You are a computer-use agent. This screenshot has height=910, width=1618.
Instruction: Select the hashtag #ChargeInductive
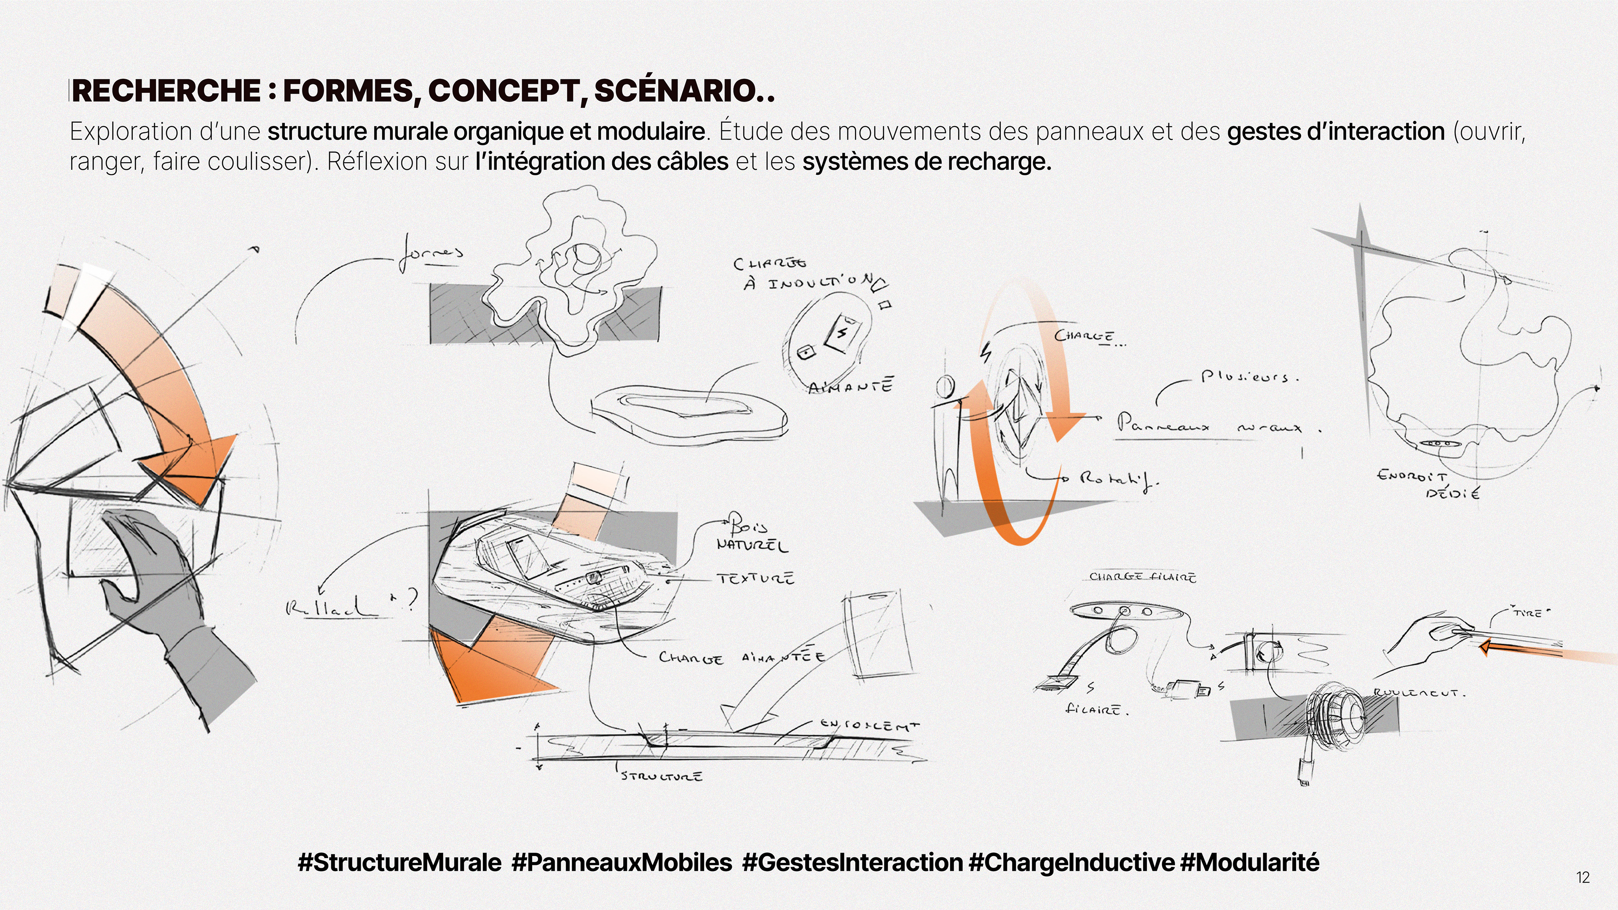[1071, 862]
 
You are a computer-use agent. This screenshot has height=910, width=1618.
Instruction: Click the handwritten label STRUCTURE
[662, 776]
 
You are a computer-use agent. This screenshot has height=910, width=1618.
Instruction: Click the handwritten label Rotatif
[1118, 480]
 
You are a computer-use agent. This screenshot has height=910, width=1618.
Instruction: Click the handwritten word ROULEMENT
[1418, 694]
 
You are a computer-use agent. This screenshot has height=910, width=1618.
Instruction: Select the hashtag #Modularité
[1250, 862]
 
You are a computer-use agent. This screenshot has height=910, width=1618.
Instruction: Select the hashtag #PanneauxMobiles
[622, 862]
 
